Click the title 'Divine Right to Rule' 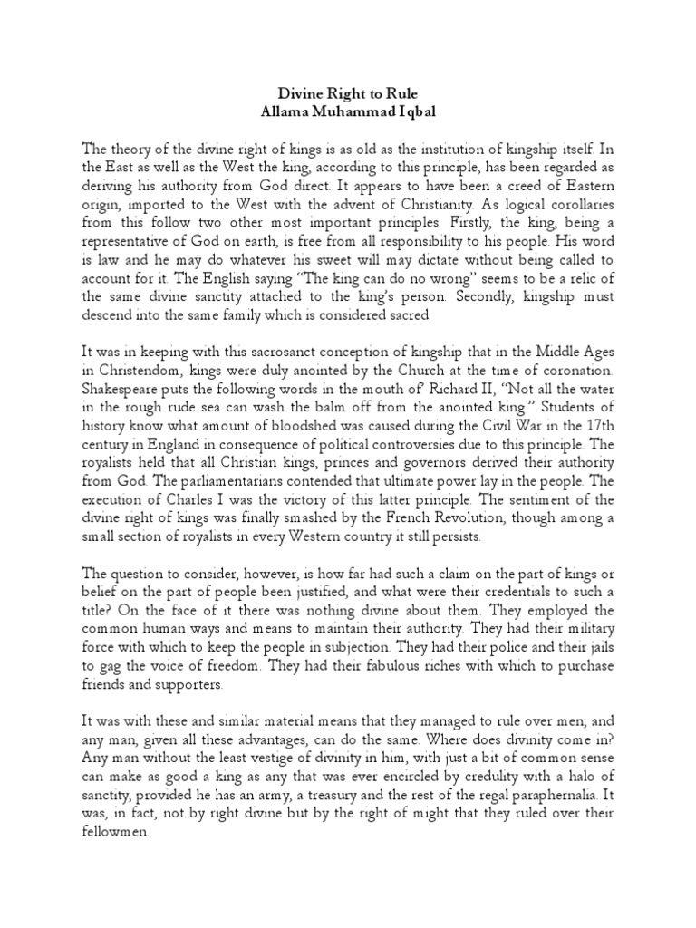(348, 92)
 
